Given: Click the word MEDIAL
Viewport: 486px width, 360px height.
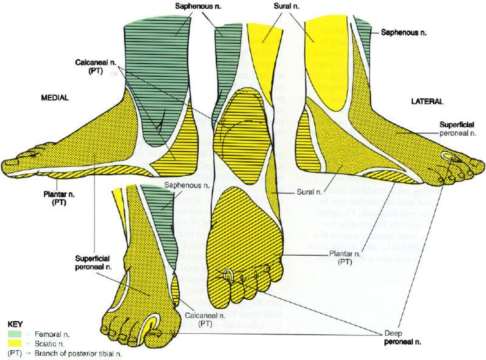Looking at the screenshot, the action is click(54, 98).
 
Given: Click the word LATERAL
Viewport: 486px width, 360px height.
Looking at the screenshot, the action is click(427, 101).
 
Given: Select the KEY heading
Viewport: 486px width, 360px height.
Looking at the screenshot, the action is click(16, 325).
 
